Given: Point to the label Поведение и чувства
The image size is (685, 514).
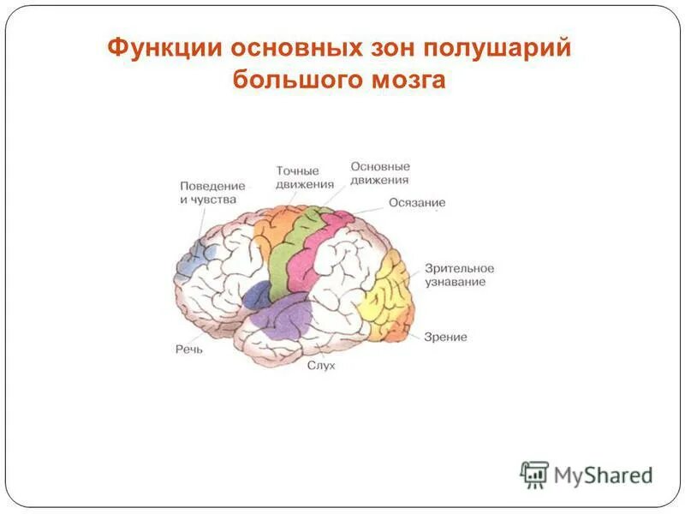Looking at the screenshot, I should [x=212, y=193].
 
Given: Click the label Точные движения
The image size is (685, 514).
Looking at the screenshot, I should [x=297, y=177].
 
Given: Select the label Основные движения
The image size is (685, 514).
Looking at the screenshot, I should [x=379, y=173].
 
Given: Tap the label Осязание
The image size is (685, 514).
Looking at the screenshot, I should [x=417, y=203].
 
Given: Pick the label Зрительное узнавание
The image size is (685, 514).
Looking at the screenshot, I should [x=459, y=275].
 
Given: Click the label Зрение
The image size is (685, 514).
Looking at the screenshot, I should [x=445, y=337].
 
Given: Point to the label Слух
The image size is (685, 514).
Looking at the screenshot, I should [x=321, y=366].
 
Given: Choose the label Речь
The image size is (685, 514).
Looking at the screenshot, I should [x=188, y=349].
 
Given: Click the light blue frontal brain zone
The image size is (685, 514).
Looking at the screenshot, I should [x=190, y=257].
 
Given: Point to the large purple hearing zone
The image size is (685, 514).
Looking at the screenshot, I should [x=283, y=321].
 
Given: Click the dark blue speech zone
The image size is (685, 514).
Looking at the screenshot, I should [x=255, y=296].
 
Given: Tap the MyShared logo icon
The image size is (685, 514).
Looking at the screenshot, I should [x=534, y=474].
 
